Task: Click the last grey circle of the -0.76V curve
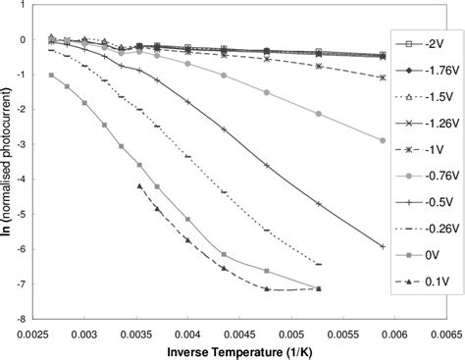click(x=382, y=140)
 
